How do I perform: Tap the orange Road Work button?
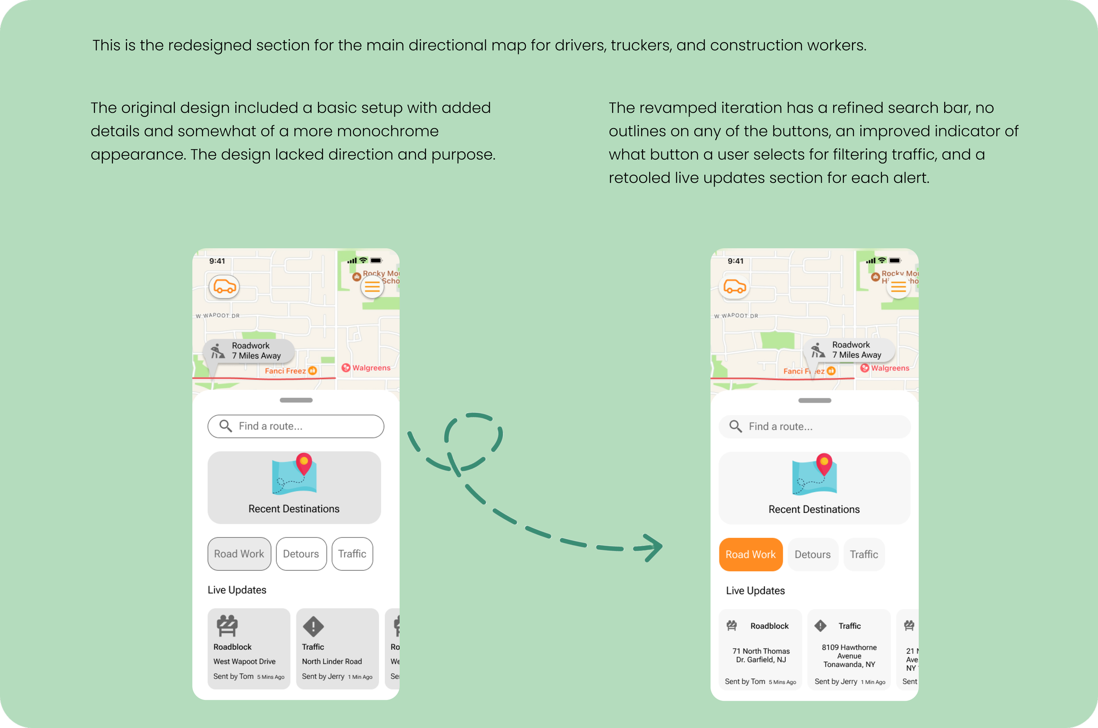tap(750, 555)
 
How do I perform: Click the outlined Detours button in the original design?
tap(301, 554)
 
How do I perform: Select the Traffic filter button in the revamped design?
tap(863, 555)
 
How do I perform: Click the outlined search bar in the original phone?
tap(296, 426)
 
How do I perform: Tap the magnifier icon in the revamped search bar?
tap(735, 426)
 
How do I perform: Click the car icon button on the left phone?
tap(224, 287)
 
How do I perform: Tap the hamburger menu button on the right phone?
tap(898, 287)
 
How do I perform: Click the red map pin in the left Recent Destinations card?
tap(303, 463)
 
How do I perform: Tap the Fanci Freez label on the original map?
tap(285, 371)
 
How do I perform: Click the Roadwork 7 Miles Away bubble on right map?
tap(849, 350)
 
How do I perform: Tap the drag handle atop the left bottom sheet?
tap(296, 400)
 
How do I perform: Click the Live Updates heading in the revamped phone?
tap(755, 591)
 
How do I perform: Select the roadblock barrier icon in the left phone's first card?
tap(227, 626)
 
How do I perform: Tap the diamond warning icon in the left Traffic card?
tap(314, 626)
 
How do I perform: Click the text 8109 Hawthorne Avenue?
tap(849, 652)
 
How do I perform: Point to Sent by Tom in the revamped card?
tap(745, 681)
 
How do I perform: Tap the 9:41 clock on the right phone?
tap(735, 261)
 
